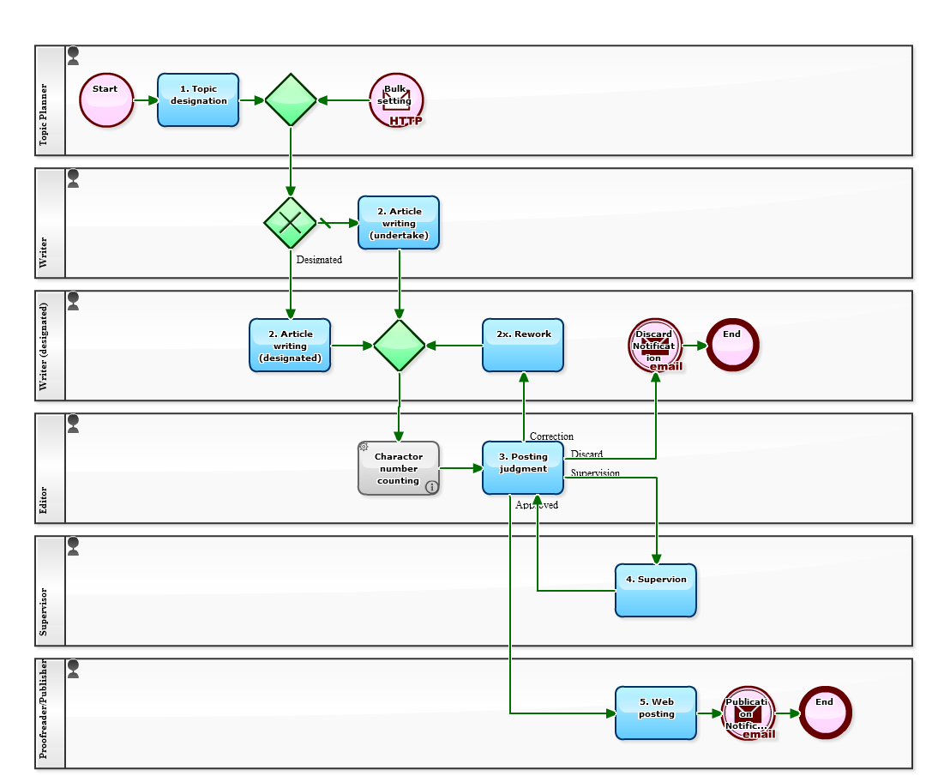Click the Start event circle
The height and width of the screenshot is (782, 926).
pyautogui.click(x=106, y=100)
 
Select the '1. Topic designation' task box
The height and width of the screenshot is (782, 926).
pyautogui.click(x=198, y=100)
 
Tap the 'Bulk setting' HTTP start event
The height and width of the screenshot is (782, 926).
pyautogui.click(x=396, y=100)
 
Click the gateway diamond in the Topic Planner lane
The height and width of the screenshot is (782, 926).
pyautogui.click(x=291, y=100)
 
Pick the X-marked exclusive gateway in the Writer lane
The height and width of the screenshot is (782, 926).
pyautogui.click(x=291, y=223)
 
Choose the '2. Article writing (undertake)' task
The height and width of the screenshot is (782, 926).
pyautogui.click(x=399, y=223)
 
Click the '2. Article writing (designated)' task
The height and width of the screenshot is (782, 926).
pyautogui.click(x=290, y=346)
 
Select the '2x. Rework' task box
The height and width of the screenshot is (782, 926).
pyautogui.click(x=523, y=346)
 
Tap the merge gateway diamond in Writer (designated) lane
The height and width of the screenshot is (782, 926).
pyautogui.click(x=400, y=346)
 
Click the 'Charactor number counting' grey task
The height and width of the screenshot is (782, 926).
pyautogui.click(x=399, y=468)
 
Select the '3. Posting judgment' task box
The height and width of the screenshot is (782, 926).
pyautogui.click(x=523, y=468)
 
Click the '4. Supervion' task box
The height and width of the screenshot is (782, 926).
pyautogui.click(x=656, y=591)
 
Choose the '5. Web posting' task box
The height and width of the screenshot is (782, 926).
pyautogui.click(x=656, y=713)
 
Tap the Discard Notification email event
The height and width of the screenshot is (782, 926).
pyautogui.click(x=655, y=346)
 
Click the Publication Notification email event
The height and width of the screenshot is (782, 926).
pyautogui.click(x=749, y=713)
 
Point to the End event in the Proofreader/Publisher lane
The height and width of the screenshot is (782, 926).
pyautogui.click(x=825, y=713)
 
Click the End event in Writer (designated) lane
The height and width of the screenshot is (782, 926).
pyautogui.click(x=732, y=346)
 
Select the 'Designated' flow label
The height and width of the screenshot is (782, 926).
pyautogui.click(x=319, y=260)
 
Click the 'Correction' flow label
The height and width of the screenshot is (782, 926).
pyautogui.click(x=551, y=436)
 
